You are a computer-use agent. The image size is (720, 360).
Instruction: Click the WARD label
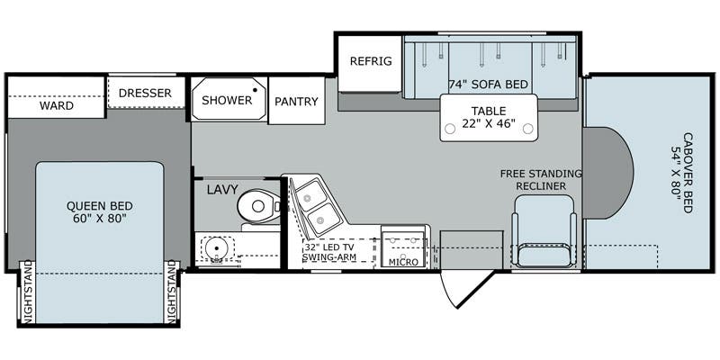pyautogui.click(x=57, y=105)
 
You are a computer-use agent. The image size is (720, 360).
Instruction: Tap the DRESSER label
pyautogui.click(x=145, y=92)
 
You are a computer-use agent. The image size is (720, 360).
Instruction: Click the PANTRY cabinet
pyautogui.click(x=297, y=102)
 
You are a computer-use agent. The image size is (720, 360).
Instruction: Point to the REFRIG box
pyautogui.click(x=370, y=61)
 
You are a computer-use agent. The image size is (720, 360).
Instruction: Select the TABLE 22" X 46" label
pyautogui.click(x=489, y=117)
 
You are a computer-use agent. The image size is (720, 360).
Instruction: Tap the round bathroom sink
pyautogui.click(x=214, y=249)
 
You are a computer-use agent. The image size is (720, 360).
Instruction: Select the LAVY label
pyautogui.click(x=220, y=190)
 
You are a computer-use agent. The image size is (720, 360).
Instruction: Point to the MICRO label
pyautogui.click(x=403, y=261)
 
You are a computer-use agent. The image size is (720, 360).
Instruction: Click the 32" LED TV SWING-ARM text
pyautogui.click(x=330, y=252)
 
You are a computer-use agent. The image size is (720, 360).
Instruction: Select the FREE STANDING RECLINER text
pyautogui.click(x=542, y=179)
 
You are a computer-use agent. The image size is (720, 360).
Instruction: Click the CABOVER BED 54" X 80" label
pyautogui.click(x=679, y=171)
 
